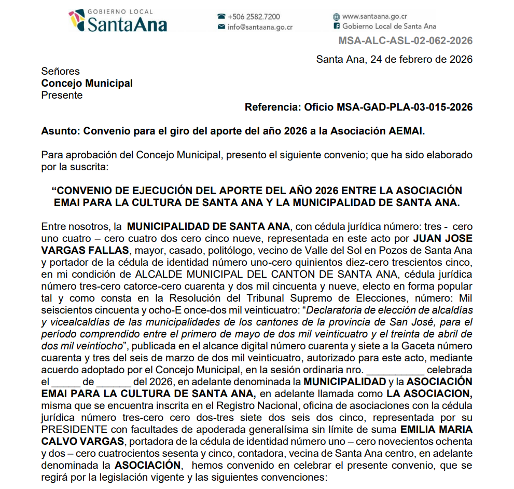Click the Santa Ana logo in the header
click(x=118, y=21)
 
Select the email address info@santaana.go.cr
click(x=260, y=27)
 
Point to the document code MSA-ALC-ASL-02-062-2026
click(x=405, y=41)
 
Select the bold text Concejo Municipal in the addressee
click(x=87, y=83)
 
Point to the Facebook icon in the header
click(x=337, y=26)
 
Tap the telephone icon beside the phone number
click(x=221, y=17)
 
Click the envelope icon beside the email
click(x=221, y=27)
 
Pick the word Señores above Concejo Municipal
click(x=60, y=72)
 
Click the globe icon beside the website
click(x=337, y=17)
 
